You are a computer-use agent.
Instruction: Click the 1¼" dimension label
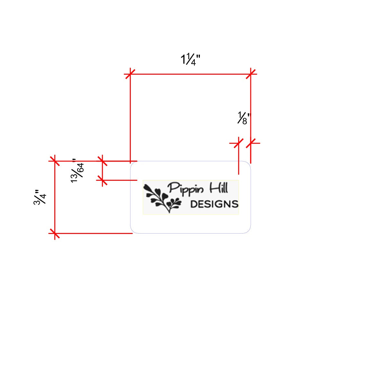point(191,60)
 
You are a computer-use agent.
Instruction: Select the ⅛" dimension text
point(244,118)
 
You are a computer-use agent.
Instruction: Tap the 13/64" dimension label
point(77,171)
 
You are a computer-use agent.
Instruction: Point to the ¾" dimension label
point(40,197)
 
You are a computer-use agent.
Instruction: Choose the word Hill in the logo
point(219,188)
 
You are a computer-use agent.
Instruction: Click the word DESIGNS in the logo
point(214,204)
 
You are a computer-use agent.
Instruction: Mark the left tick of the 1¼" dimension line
point(130,74)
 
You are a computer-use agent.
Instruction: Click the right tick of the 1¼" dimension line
point(251,74)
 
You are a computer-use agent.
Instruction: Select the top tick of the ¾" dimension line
point(55,161)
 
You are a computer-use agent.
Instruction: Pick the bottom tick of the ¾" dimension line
point(55,233)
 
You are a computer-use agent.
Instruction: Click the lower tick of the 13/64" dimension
point(103,180)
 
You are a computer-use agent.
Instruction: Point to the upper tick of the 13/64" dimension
point(103,161)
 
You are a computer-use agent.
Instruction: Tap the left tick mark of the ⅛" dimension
point(238,143)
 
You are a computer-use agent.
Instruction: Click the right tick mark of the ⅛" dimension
point(251,143)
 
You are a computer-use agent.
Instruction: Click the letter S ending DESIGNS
point(235,204)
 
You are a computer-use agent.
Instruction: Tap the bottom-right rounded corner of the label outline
point(248,231)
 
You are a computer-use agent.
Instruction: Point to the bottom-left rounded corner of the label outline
point(133,231)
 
